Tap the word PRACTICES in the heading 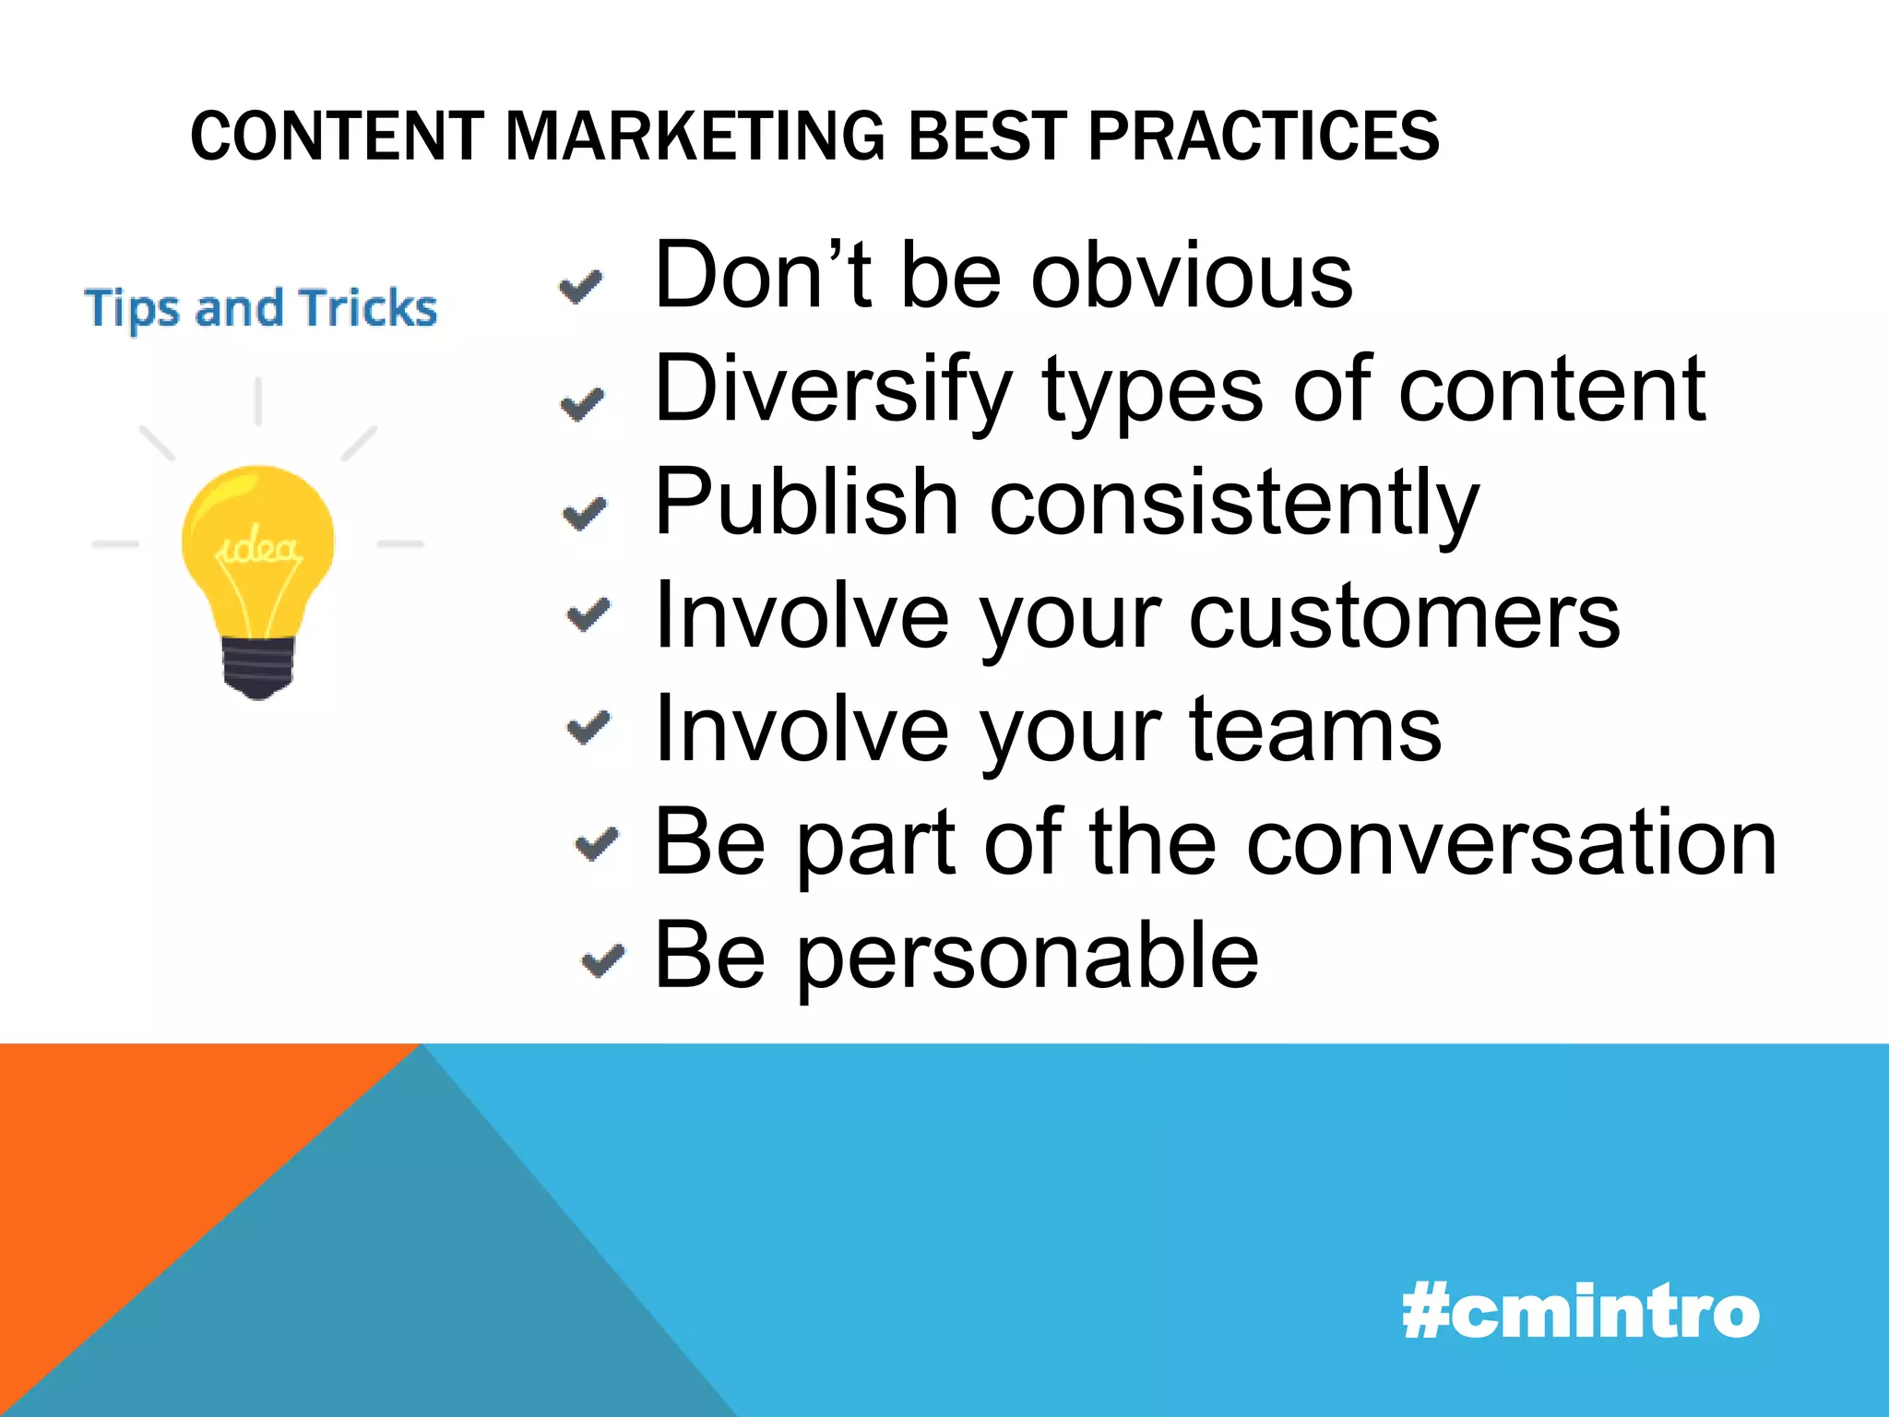(1263, 136)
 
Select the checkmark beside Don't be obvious (581, 287)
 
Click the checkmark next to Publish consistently (585, 513)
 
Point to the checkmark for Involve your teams (588, 728)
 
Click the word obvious (1192, 276)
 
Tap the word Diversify (833, 389)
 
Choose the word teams (1315, 730)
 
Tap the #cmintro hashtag (1580, 1312)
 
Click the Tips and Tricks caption (261, 308)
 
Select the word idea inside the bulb (258, 550)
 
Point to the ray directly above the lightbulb (258, 401)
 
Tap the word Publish (806, 503)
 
